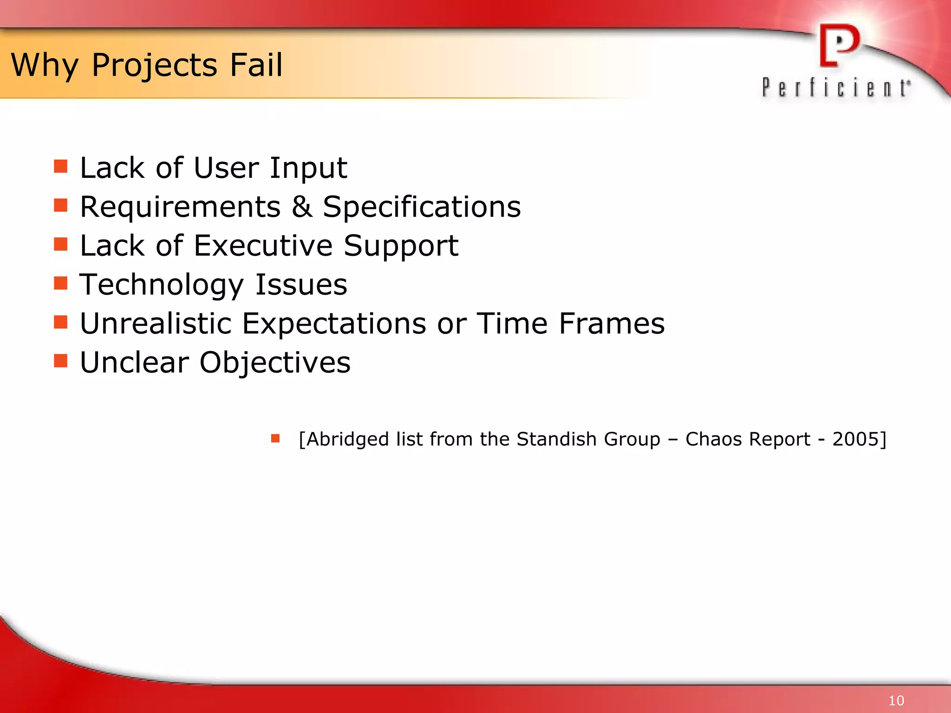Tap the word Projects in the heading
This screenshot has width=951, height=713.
tap(154, 65)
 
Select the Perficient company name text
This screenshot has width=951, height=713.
tap(836, 88)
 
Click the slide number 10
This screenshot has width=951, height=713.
tap(896, 700)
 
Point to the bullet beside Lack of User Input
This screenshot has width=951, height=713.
tap(60, 166)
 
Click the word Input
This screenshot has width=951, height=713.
tap(308, 168)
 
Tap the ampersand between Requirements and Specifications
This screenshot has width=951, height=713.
tap(302, 207)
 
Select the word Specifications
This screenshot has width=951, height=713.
tap(422, 207)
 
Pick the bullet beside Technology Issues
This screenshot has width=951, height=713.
tap(60, 283)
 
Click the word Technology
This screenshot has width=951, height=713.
tap(162, 285)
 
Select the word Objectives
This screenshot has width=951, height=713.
tap(275, 363)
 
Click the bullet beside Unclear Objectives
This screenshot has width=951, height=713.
tap(60, 361)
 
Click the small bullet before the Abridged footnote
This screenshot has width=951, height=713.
tap(275, 438)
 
